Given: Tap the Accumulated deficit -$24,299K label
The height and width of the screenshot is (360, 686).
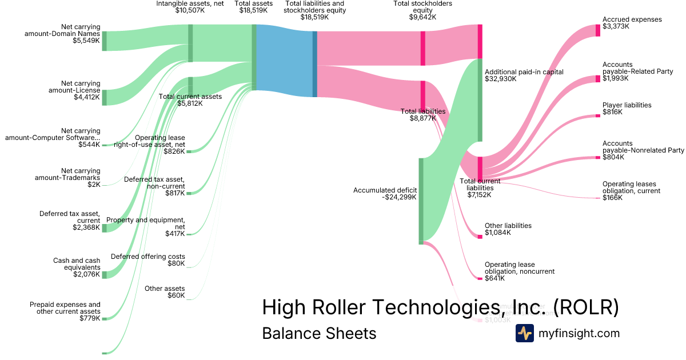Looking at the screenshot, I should coord(385,194).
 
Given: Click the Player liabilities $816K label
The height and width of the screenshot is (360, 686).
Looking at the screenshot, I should coord(627,109).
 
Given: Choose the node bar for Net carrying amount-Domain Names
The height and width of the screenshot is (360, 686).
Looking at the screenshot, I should coord(104,41).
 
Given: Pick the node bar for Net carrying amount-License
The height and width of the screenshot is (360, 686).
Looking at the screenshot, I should coord(104,98).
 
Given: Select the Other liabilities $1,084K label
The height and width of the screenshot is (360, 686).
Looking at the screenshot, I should coord(508,229).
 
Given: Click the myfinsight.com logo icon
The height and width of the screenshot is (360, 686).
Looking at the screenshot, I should coord(524,333).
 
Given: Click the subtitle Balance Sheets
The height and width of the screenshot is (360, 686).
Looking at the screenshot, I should coord(319,333).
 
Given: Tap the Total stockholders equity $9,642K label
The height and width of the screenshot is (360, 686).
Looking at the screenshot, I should coord(422,10).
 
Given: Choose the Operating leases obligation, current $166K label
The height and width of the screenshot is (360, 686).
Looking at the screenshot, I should coord(631,191).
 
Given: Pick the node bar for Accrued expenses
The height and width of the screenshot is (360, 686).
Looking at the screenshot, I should coord(598,30).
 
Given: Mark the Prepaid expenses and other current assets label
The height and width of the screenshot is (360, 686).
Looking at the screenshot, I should coord(65,311).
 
